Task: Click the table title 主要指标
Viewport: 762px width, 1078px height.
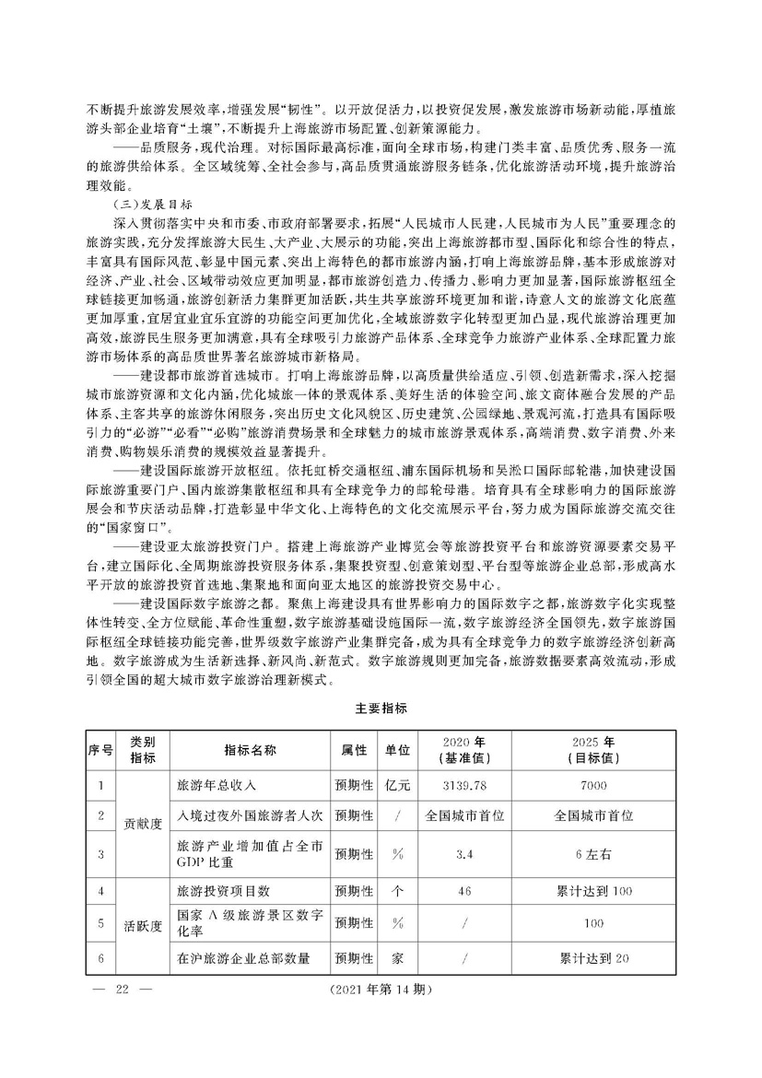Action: click(381, 709)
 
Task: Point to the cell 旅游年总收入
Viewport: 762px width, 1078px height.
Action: click(211, 785)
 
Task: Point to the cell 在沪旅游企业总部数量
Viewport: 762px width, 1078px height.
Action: click(243, 959)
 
